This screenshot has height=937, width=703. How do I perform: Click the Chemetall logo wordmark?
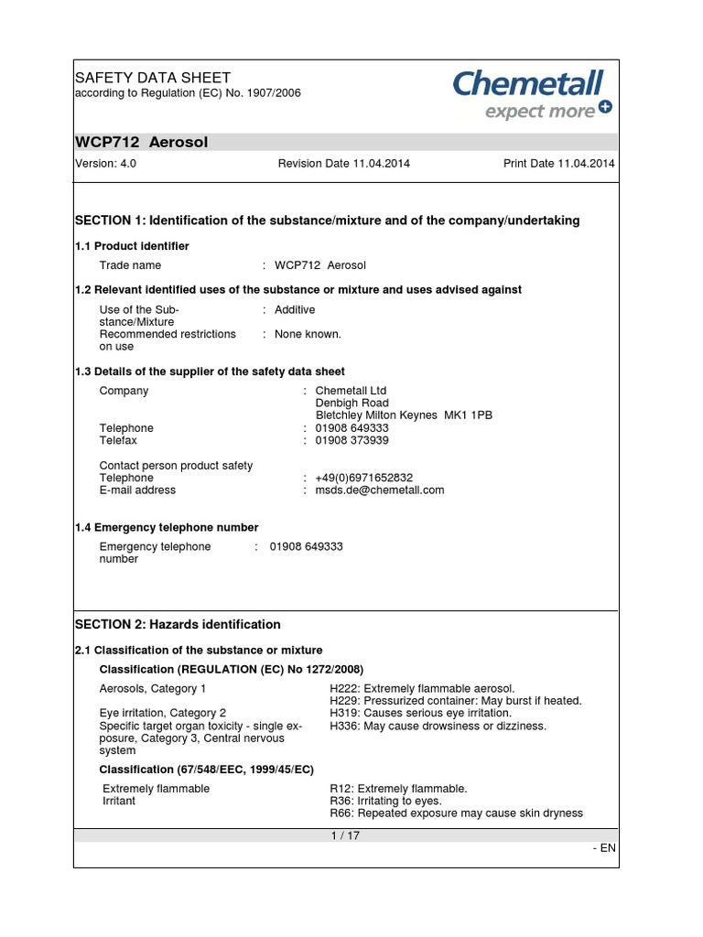(528, 85)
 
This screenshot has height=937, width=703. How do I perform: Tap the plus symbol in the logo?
(605, 108)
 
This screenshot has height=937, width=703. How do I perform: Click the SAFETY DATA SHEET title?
(152, 78)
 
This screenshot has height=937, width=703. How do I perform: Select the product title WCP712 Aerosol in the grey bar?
(141, 142)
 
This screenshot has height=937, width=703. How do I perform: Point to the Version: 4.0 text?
(105, 164)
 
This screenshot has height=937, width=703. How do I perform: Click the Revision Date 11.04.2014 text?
(343, 164)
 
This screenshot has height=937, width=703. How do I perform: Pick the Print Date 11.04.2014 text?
(558, 164)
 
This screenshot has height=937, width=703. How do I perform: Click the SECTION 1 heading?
(326, 221)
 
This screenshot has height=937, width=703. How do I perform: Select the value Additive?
(295, 310)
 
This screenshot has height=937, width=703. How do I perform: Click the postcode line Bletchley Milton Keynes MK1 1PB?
(404, 415)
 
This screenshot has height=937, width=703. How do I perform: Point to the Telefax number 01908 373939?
(351, 440)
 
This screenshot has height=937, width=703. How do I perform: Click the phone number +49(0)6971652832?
(364, 478)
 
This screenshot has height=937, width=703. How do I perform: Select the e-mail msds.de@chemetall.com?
(380, 490)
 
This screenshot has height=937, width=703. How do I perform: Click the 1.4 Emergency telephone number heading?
(167, 527)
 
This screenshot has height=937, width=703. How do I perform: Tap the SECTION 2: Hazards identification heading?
(178, 624)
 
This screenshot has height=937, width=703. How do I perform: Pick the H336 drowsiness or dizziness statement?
(438, 726)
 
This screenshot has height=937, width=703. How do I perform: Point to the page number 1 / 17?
(346, 835)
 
